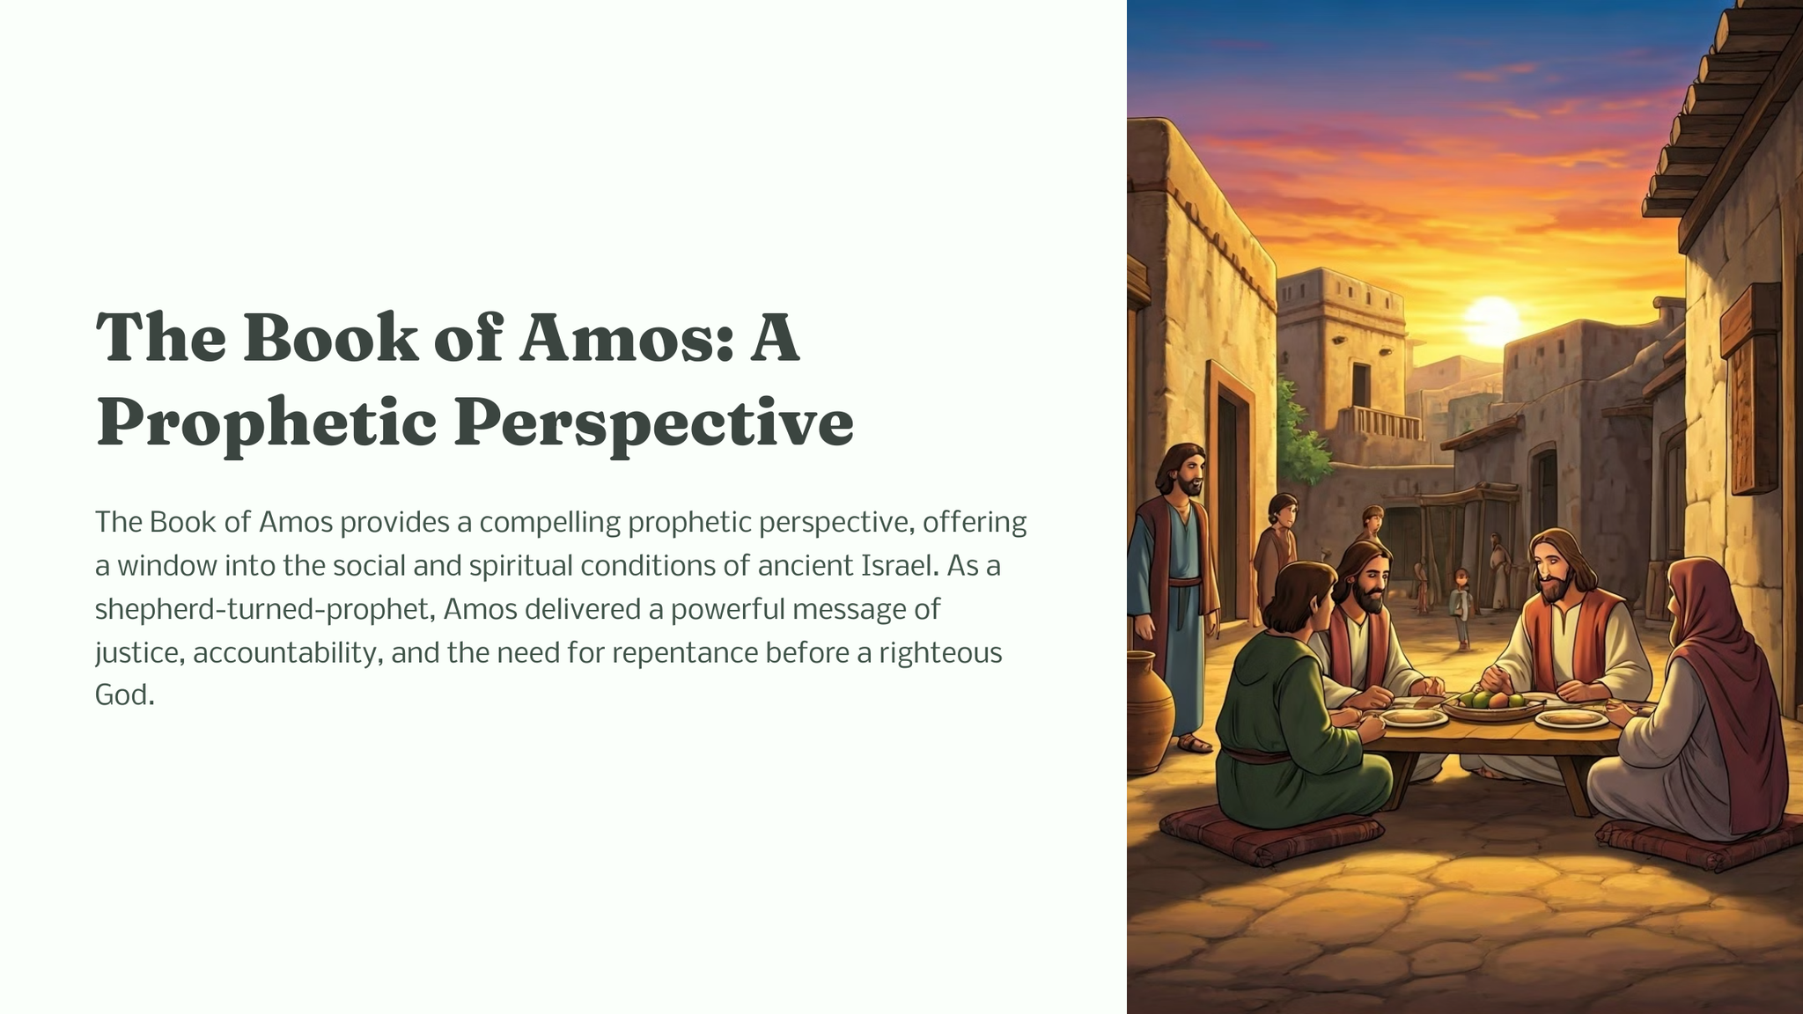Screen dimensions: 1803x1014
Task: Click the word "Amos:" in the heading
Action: pyautogui.click(x=626, y=338)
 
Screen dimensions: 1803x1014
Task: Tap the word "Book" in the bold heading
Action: pyautogui.click(x=330, y=338)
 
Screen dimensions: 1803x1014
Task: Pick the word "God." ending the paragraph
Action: pyautogui.click(x=125, y=695)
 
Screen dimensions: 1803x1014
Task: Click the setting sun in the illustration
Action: pyautogui.click(x=1491, y=321)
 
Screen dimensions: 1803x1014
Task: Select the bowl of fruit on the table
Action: pyautogui.click(x=1490, y=705)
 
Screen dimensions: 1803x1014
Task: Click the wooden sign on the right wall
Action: pyautogui.click(x=1749, y=389)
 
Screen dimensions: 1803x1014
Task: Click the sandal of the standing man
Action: pyautogui.click(x=1194, y=745)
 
